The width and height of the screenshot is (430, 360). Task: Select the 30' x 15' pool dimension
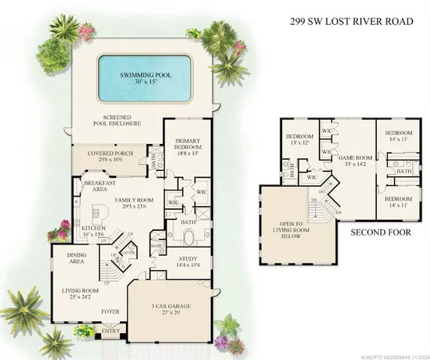pyautogui.click(x=143, y=84)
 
